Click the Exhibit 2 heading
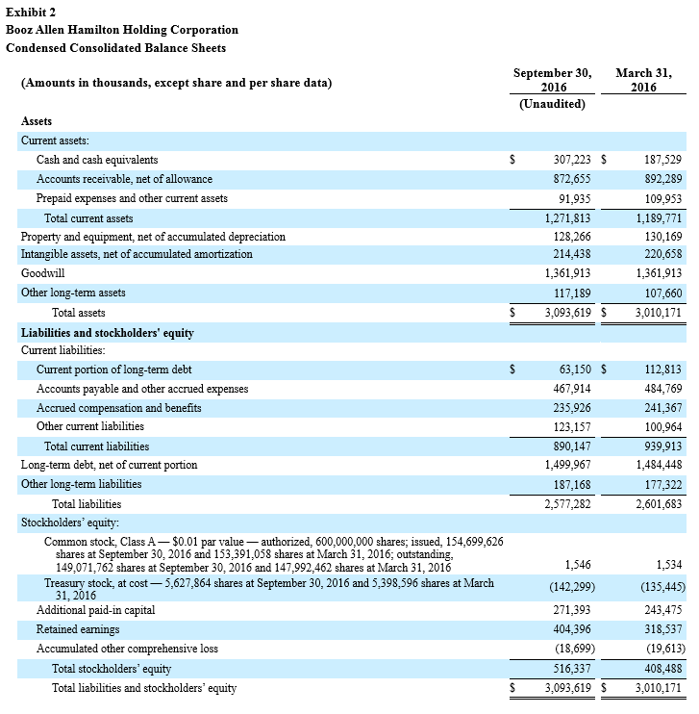click(35, 12)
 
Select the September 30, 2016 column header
click(552, 80)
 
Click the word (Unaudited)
click(552, 104)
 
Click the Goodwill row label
click(44, 273)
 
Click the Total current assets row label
click(88, 218)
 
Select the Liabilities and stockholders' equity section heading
click(108, 333)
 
